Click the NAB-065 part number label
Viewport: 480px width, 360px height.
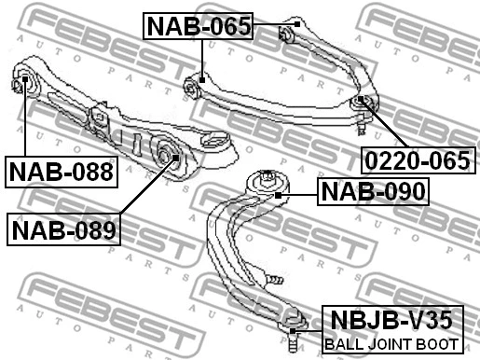(199, 26)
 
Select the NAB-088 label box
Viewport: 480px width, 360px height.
(61, 171)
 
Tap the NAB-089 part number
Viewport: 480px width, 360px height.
(65, 228)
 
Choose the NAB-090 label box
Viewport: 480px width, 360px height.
(373, 192)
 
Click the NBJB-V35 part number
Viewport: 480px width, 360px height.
(391, 322)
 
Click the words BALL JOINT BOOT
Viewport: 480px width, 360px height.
(391, 345)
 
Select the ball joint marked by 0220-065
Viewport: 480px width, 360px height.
(363, 103)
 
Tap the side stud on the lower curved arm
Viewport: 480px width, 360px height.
(274, 278)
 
